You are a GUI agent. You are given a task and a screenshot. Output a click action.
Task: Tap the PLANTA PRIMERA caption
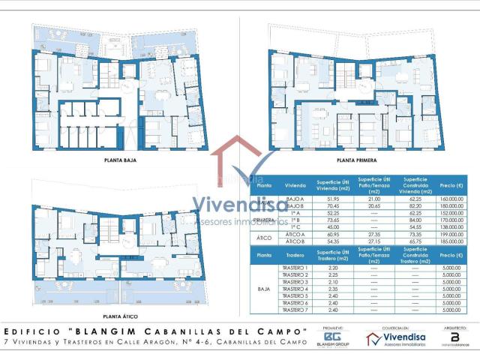pyautogui.click(x=356, y=160)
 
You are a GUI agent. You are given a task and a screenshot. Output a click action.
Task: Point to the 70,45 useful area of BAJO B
pyautogui.click(x=327, y=206)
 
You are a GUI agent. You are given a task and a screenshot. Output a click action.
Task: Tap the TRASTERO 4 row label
pyautogui.click(x=295, y=289)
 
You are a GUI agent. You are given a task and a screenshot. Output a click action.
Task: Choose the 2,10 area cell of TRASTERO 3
pyautogui.click(x=327, y=281)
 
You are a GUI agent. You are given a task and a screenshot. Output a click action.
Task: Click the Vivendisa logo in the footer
pyautogui.click(x=394, y=339)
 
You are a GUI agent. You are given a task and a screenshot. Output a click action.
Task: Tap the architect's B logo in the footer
pyautogui.click(x=454, y=337)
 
